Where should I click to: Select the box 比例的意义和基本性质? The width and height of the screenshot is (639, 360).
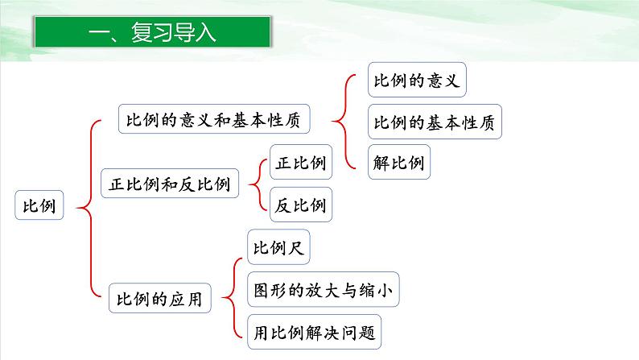[213, 120]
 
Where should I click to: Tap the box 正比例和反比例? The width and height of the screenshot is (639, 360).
[169, 184]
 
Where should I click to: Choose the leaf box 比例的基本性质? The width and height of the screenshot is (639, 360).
[436, 123]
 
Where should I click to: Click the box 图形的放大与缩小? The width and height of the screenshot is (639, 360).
[323, 289]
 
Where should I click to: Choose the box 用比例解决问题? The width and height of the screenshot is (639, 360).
[314, 330]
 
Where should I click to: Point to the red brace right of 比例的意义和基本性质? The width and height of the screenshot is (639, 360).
[344, 121]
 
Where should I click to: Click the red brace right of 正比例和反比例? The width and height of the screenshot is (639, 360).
[256, 184]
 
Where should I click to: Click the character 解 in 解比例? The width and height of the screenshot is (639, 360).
[382, 162]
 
